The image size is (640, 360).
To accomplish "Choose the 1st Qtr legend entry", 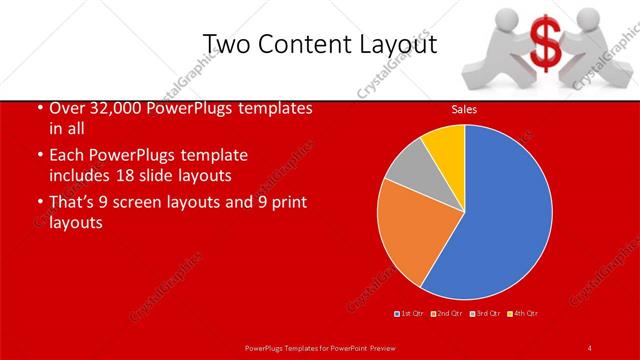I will (x=409, y=314).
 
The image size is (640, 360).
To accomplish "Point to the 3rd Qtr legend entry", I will (x=487, y=314).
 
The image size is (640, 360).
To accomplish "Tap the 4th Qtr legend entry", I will (x=524, y=314).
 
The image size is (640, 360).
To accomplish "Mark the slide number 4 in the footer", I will (x=590, y=347).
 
